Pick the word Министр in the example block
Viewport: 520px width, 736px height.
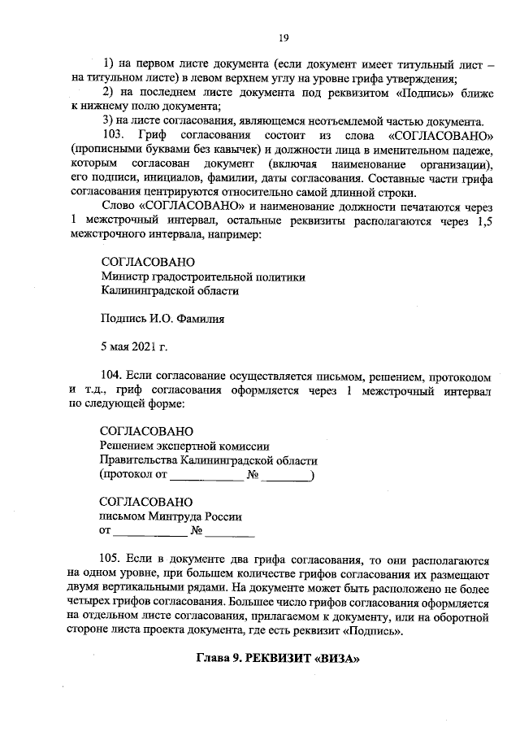[x=119, y=277]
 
